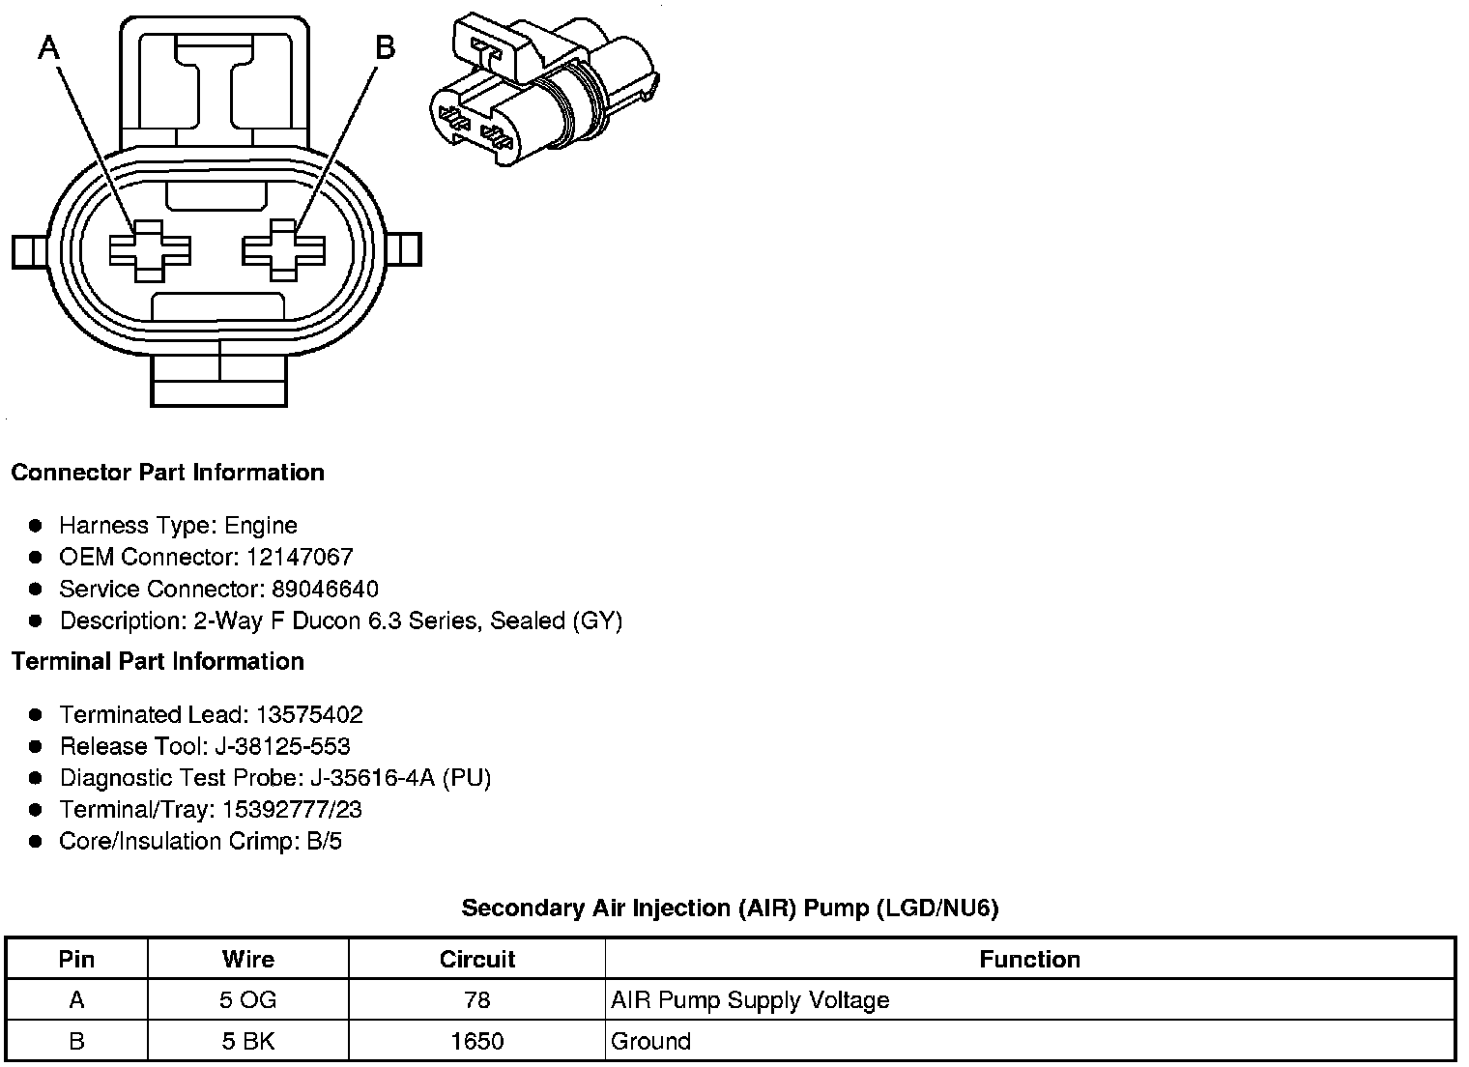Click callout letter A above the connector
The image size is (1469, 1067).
(x=49, y=47)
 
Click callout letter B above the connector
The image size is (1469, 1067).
(x=385, y=47)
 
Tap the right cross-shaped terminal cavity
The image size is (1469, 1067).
(x=282, y=249)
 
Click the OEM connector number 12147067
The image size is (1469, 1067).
(x=300, y=558)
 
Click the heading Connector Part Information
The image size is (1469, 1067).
(x=167, y=473)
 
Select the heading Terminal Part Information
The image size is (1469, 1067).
(x=158, y=662)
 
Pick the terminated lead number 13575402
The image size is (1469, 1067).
(x=309, y=715)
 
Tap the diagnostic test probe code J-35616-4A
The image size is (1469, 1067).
(x=372, y=779)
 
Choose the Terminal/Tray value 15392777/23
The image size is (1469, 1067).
(x=292, y=810)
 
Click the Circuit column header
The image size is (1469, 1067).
(x=476, y=960)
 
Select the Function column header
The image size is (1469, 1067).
(x=1029, y=960)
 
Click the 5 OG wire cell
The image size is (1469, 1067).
(x=247, y=1000)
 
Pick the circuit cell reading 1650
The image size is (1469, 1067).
(x=476, y=1042)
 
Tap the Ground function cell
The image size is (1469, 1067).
(x=651, y=1042)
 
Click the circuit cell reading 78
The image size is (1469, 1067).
(x=476, y=1000)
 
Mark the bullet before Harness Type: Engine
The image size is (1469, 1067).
(x=36, y=526)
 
